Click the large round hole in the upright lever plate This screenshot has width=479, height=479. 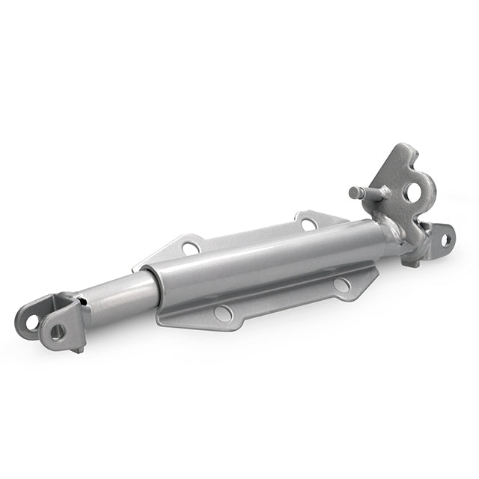point(413,192)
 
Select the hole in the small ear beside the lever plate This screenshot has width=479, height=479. point(445,239)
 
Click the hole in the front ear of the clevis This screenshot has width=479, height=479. point(57,332)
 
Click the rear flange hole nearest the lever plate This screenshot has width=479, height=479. point(308,222)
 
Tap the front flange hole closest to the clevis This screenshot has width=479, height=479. point(222,314)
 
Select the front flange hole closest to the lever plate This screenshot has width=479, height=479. point(341,285)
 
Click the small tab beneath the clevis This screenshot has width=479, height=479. point(77,348)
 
